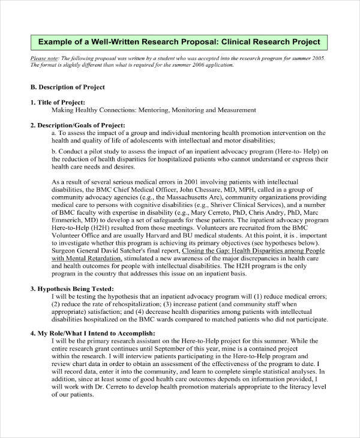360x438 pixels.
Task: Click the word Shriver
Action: pos(230,209)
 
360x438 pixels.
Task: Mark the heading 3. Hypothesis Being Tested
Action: pos(72,305)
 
